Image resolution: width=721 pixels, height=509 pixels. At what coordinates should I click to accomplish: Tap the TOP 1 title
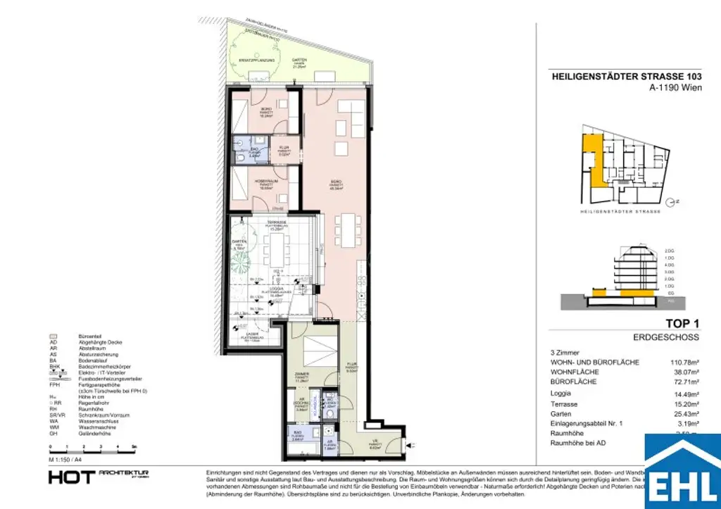[x=682, y=324]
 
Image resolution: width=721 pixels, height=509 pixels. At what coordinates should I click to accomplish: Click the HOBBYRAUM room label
[x=265, y=182]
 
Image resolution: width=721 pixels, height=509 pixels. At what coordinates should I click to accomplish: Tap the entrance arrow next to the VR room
[x=413, y=445]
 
